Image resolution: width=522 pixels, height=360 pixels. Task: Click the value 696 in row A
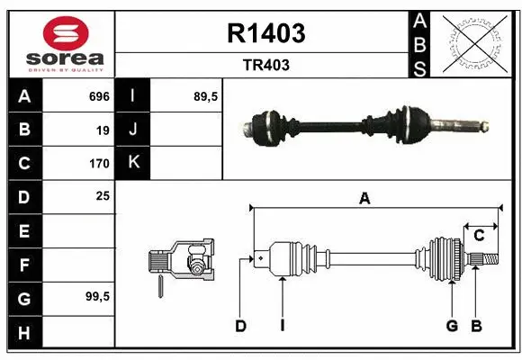coord(99,96)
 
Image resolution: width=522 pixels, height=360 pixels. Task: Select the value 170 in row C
coord(99,164)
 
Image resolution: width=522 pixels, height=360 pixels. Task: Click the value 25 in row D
coord(103,195)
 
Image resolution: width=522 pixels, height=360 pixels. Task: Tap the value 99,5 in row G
coord(96,296)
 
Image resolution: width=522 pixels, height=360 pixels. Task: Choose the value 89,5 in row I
coord(207,96)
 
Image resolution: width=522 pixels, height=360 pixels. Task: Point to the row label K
coord(133,163)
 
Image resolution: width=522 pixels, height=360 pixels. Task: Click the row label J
coord(133,130)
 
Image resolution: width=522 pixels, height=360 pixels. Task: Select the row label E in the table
coord(23,230)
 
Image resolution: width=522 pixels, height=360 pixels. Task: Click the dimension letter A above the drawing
coord(364,199)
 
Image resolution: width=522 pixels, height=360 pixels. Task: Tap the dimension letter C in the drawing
coord(479,236)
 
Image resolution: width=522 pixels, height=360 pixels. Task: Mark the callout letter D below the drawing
coord(241,326)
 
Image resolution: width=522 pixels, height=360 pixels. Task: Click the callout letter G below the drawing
coord(452,326)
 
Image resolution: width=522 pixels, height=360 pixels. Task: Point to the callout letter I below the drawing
coord(282,326)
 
